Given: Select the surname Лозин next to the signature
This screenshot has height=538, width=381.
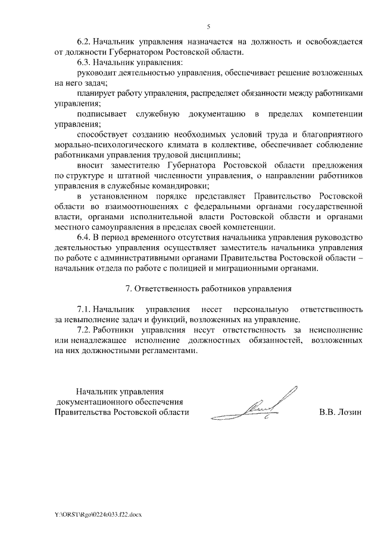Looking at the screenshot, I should click(349, 411).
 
